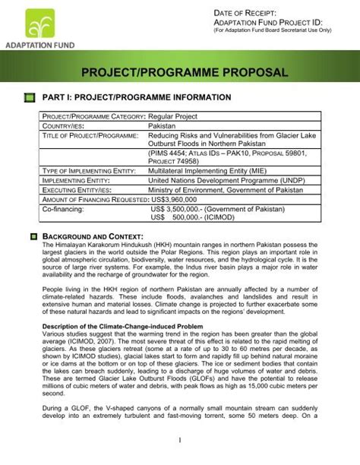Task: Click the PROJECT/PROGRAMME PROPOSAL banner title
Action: [x=179, y=73]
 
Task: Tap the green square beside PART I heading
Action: [x=30, y=98]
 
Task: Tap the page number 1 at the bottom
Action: [x=179, y=440]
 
